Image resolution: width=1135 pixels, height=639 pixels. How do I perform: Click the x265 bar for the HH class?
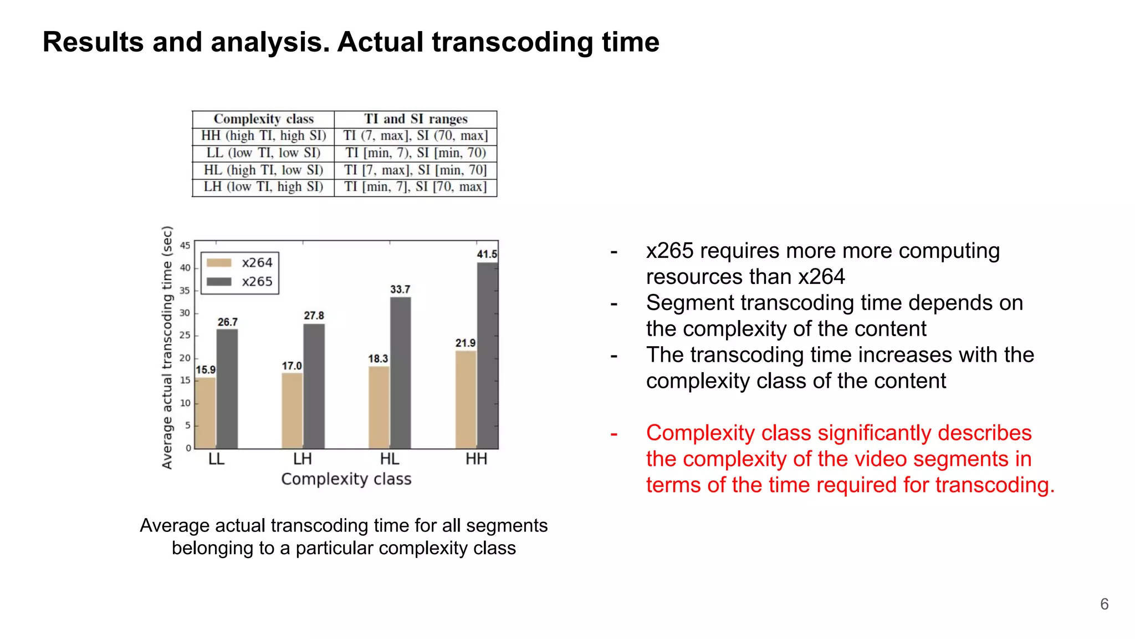coord(487,355)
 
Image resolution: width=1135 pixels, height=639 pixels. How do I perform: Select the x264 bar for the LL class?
coord(205,413)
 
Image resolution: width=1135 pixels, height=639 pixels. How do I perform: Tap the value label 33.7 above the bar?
coord(400,290)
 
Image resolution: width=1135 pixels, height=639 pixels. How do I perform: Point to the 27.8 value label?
coord(314,316)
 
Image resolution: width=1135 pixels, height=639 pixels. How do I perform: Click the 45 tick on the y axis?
coord(185,246)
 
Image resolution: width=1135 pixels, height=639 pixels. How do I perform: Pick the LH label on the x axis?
coord(303,459)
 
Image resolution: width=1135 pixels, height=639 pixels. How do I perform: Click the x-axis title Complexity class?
coord(346,479)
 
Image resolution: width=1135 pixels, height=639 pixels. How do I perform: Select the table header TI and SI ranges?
coord(416,119)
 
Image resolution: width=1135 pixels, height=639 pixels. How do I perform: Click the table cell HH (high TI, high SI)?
coord(263,136)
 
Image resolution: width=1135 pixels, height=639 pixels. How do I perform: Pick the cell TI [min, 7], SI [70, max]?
coord(416,187)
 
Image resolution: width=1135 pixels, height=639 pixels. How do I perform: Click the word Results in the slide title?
coord(93,43)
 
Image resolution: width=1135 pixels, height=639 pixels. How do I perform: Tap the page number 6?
coord(1104,604)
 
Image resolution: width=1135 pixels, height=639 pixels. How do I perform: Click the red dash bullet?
coord(614,434)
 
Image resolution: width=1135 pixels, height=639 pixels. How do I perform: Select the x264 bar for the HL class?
coord(379,407)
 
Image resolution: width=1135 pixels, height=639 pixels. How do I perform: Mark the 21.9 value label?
coord(466,343)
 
